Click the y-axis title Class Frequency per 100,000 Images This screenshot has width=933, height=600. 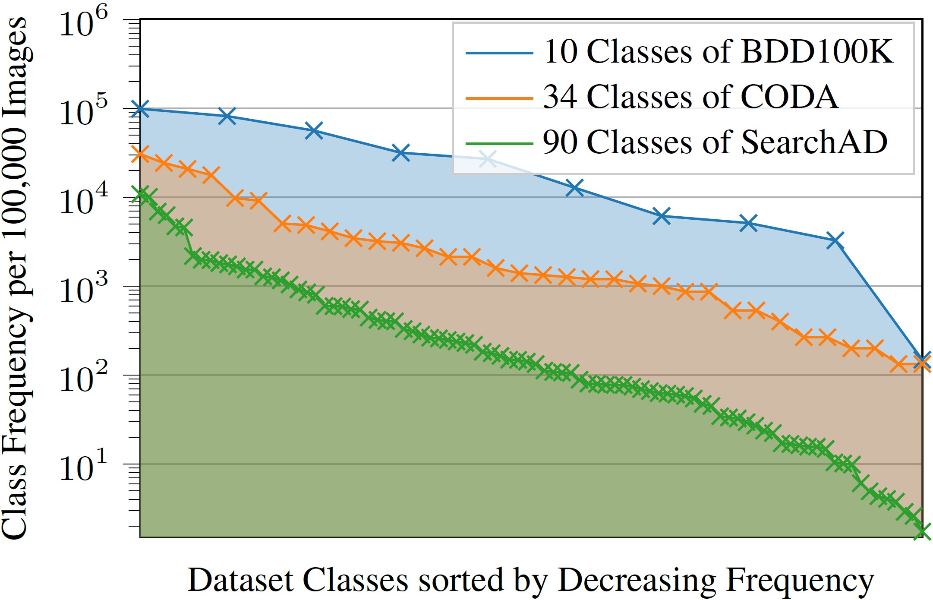click(x=15, y=278)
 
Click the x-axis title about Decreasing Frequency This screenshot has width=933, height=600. click(x=530, y=580)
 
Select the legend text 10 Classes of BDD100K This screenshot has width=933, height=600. click(x=718, y=52)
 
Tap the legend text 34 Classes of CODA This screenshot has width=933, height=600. click(x=690, y=97)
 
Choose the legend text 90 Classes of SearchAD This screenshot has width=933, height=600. click(x=715, y=142)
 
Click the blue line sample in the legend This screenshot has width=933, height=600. click(x=499, y=53)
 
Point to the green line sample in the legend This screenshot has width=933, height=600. click(x=499, y=143)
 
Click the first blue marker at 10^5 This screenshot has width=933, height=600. click(x=140, y=108)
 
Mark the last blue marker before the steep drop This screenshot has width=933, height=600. click(x=835, y=240)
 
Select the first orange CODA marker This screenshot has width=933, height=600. click(x=140, y=154)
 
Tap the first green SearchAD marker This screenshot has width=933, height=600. click(x=140, y=195)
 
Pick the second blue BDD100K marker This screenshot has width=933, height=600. click(x=227, y=116)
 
